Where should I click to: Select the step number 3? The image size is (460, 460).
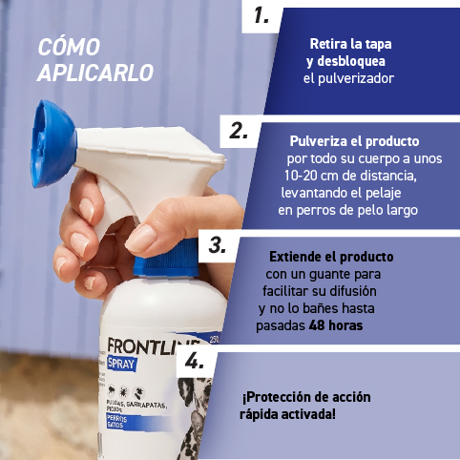tap(218, 244)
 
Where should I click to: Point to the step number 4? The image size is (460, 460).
tap(195, 362)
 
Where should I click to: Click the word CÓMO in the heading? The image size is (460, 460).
tap(68, 48)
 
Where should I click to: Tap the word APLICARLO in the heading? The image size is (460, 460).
tap(95, 72)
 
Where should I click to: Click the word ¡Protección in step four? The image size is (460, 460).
tap(274, 397)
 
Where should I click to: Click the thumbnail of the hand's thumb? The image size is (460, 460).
tap(139, 238)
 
